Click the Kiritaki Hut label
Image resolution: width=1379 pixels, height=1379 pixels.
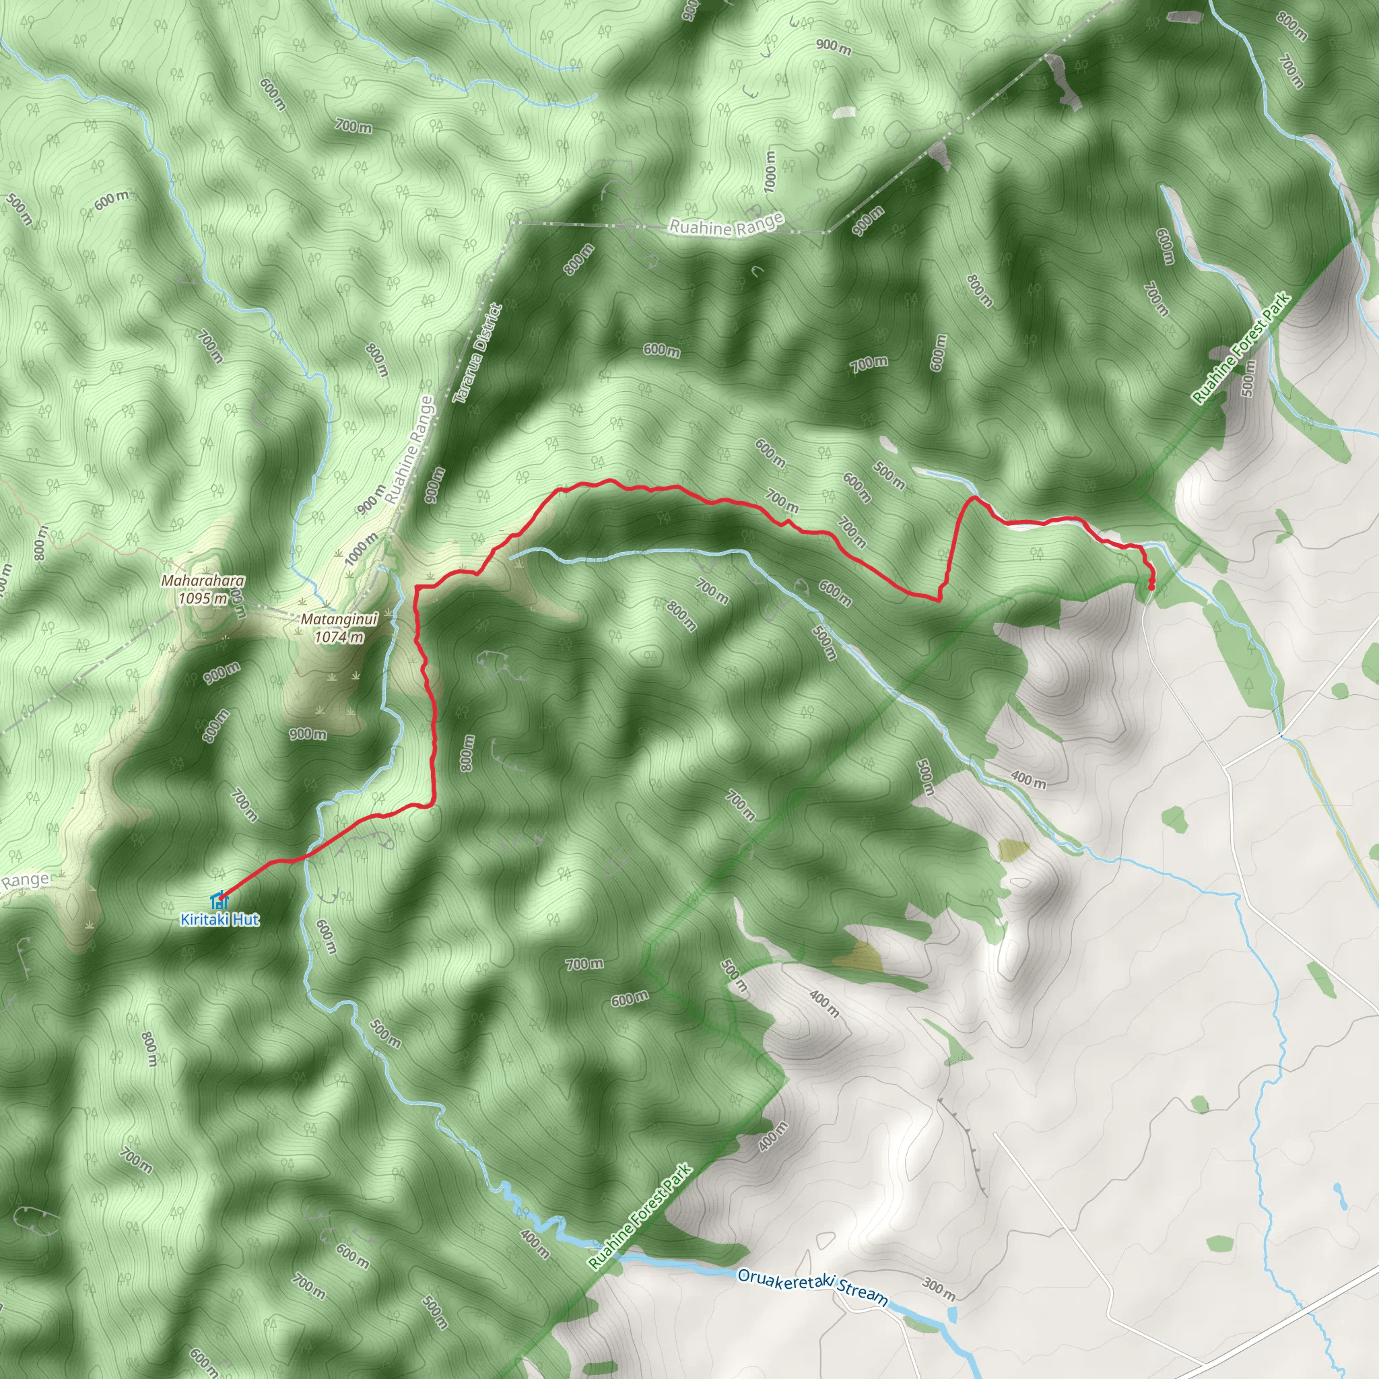[x=219, y=919]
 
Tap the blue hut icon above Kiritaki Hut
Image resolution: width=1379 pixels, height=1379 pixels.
[x=217, y=901]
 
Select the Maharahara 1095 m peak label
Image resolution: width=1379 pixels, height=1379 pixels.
[x=203, y=590]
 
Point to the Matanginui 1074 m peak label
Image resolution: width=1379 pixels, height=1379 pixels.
[x=340, y=628]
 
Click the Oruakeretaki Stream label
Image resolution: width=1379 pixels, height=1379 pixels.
[x=812, y=1286]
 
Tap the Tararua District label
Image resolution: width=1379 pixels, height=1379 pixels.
[x=477, y=354]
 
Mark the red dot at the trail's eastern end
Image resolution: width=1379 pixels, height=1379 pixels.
[x=1151, y=586]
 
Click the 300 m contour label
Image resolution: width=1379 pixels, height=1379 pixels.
[x=939, y=1288]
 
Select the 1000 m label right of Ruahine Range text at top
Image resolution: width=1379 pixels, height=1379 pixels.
[x=769, y=171]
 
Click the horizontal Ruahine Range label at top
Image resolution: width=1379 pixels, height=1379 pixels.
[x=727, y=227]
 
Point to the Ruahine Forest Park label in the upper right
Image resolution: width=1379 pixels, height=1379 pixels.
[x=1242, y=347]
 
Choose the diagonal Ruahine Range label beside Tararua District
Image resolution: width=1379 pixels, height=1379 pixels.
[x=409, y=450]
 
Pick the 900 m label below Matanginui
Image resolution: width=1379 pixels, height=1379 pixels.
[x=308, y=734]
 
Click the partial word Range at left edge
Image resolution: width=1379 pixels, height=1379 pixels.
[x=24, y=881]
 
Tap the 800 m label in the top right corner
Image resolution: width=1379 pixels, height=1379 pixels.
[x=1291, y=28]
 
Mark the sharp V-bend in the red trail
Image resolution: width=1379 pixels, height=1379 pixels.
[x=938, y=599]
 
